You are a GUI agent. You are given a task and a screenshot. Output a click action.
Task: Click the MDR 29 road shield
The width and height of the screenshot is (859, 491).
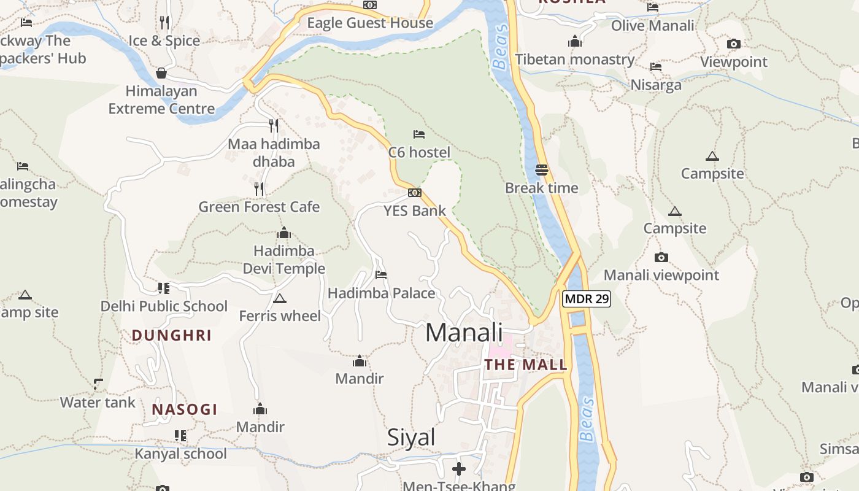(x=586, y=299)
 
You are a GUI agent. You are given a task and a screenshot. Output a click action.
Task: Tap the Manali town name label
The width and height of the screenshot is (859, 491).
(x=464, y=333)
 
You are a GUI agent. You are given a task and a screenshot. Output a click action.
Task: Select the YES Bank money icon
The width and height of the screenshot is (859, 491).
(x=415, y=193)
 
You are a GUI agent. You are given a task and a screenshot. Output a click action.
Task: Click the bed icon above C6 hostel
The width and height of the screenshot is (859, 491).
(x=419, y=134)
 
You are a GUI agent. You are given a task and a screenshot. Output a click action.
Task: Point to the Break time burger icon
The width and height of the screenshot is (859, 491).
(x=541, y=169)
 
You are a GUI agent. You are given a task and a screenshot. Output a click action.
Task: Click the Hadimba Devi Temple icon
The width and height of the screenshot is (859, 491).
(x=283, y=233)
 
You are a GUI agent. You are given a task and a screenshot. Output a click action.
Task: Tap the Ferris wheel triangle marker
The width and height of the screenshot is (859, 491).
(x=280, y=299)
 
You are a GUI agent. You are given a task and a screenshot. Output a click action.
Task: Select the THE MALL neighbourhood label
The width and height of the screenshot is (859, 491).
(x=526, y=365)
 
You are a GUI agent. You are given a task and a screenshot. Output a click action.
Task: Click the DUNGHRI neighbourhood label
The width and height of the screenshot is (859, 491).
(x=172, y=335)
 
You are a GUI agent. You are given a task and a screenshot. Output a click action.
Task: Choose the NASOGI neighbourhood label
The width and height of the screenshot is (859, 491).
(x=185, y=409)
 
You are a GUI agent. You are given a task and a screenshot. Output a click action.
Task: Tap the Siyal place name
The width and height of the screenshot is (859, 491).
(x=411, y=438)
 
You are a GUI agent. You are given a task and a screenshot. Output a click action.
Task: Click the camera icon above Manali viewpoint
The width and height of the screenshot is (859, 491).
(x=661, y=257)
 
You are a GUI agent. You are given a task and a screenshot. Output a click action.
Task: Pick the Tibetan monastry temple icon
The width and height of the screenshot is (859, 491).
(x=575, y=42)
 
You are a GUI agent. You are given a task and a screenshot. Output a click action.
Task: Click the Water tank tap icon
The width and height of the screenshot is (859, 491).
(x=98, y=384)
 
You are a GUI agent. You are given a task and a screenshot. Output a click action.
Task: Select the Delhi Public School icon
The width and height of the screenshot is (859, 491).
(x=163, y=288)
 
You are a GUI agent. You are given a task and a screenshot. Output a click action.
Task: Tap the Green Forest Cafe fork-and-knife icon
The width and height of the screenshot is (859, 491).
(x=259, y=188)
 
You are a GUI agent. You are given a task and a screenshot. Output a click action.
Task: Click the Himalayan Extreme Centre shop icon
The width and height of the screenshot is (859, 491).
(x=161, y=73)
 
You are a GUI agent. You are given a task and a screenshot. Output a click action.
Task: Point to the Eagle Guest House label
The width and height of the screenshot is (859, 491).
(x=370, y=23)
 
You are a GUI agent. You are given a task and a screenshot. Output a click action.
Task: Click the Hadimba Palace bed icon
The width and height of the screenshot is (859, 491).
(x=381, y=275)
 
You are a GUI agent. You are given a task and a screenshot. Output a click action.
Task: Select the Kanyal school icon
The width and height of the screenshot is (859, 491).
(x=180, y=436)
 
